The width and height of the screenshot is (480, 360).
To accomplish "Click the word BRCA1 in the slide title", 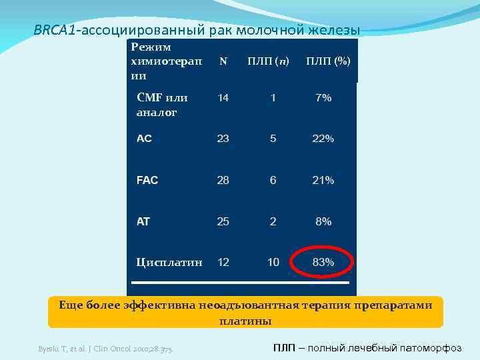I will pyautogui.click(x=55, y=30).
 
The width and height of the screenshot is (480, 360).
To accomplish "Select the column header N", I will pyautogui.click(x=223, y=61).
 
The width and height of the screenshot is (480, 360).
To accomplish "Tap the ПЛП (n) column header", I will pyautogui.click(x=268, y=61).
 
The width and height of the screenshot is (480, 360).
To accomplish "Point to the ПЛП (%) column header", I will pyautogui.click(x=328, y=61).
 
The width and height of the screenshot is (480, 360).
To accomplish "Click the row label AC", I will pyautogui.click(x=144, y=139).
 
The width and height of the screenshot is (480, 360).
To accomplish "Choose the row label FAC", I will pyautogui.click(x=147, y=180).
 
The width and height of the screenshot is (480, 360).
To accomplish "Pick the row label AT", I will pyautogui.click(x=143, y=221).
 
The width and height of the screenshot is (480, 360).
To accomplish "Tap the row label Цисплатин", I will pyautogui.click(x=169, y=262).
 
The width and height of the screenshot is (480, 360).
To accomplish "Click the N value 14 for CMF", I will pyautogui.click(x=223, y=97).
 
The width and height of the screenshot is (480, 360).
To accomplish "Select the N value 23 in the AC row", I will pyautogui.click(x=223, y=139).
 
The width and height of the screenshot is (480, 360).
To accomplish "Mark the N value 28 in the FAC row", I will pyautogui.click(x=223, y=180).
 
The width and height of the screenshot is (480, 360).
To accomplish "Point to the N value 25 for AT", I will pyautogui.click(x=223, y=221).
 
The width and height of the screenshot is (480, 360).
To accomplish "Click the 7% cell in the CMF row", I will pyautogui.click(x=323, y=97).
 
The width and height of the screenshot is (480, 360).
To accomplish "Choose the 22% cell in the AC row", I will pyautogui.click(x=323, y=139).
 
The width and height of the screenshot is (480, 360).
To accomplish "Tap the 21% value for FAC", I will pyautogui.click(x=323, y=180).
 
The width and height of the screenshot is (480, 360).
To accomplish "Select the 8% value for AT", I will pyautogui.click(x=323, y=221).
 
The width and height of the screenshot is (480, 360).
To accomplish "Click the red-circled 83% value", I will pyautogui.click(x=323, y=262).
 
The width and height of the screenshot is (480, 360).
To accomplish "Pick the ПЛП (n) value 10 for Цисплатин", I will pyautogui.click(x=273, y=262).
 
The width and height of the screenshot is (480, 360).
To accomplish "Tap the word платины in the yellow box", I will pyautogui.click(x=245, y=321).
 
